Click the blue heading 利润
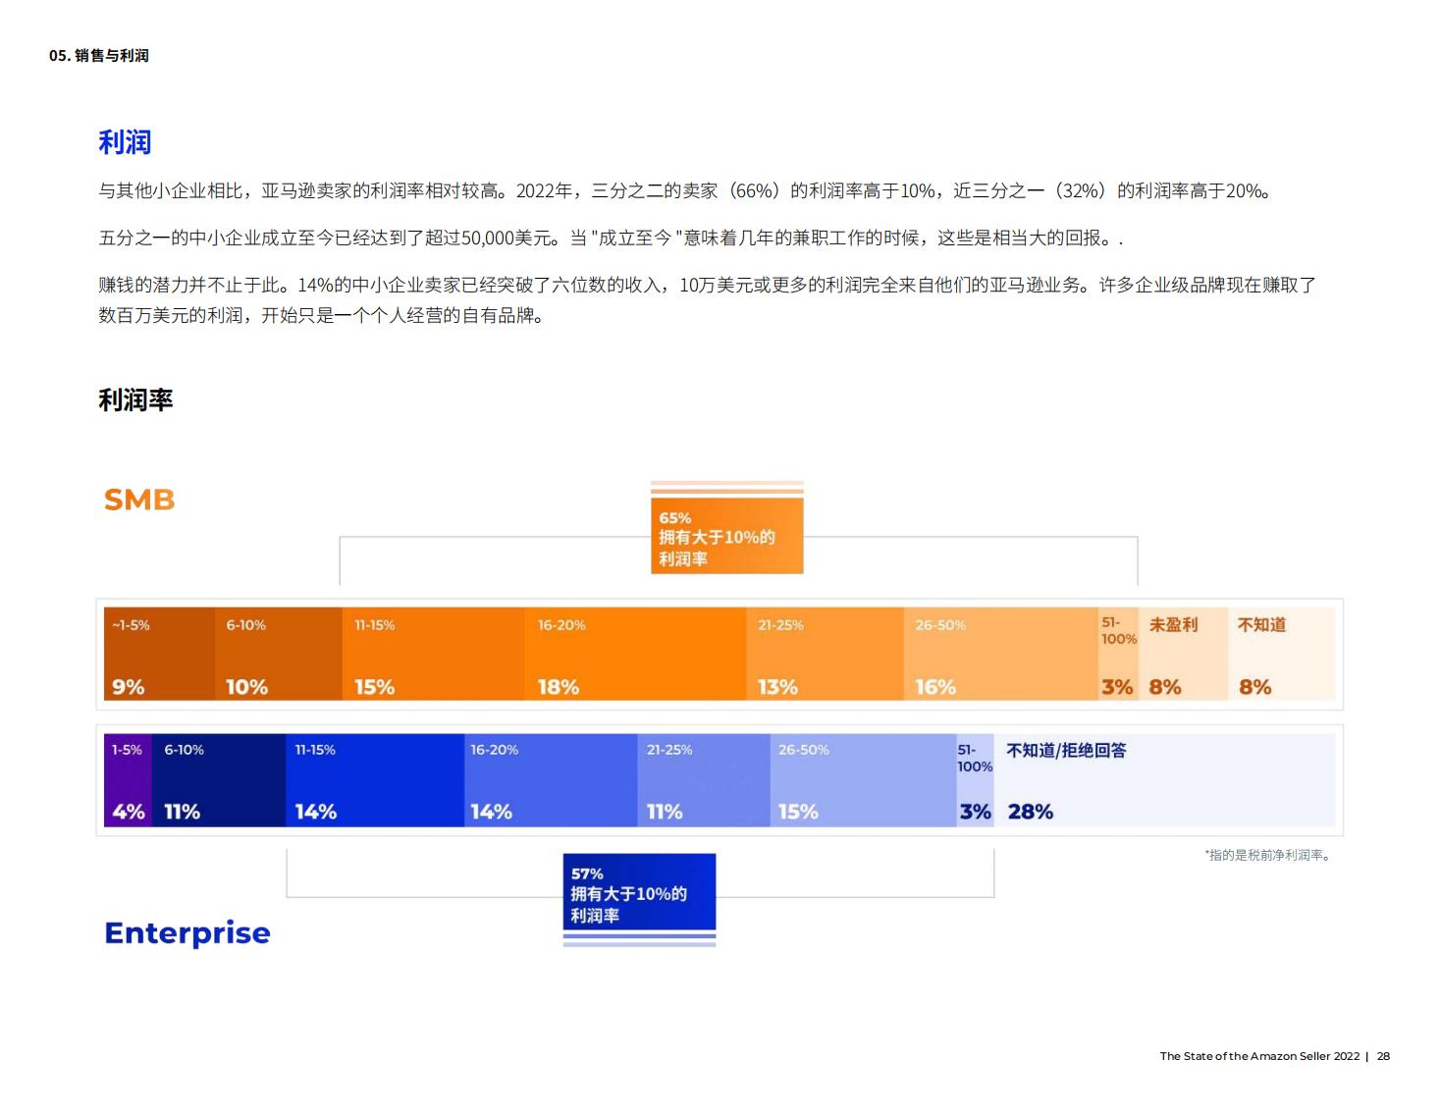(x=125, y=142)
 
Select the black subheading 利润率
(x=135, y=400)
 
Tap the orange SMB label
(x=139, y=500)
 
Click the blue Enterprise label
(x=187, y=932)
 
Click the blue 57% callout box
(x=639, y=892)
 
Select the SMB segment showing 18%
(x=634, y=654)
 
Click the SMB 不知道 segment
(x=1281, y=654)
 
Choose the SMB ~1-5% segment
(x=159, y=654)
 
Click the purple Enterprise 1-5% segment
(x=128, y=779)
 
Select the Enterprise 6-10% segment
(x=219, y=779)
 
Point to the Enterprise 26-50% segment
(x=863, y=779)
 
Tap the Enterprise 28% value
(x=1030, y=812)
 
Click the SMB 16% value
(x=935, y=687)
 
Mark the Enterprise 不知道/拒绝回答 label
(x=1066, y=751)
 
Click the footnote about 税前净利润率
(x=1267, y=855)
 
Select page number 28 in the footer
(x=1383, y=1056)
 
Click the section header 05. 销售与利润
(x=99, y=56)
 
